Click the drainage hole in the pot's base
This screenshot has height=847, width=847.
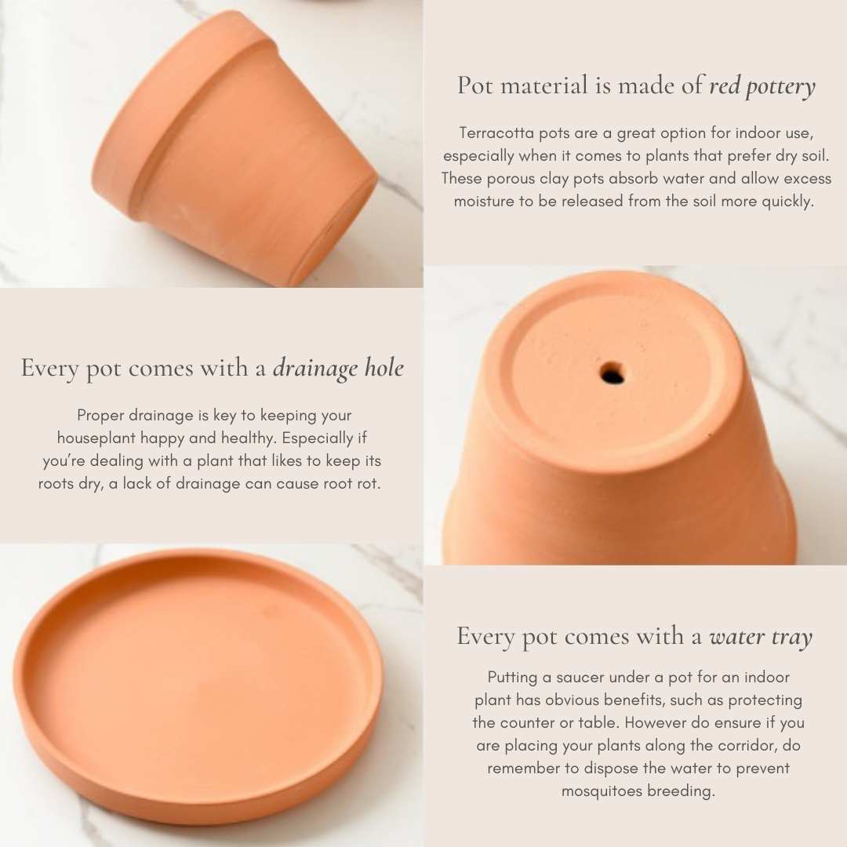[x=612, y=373]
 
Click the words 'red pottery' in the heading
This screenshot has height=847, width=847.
[x=762, y=86]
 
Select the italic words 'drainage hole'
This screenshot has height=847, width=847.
[x=338, y=369]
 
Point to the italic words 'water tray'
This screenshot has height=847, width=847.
[x=761, y=637]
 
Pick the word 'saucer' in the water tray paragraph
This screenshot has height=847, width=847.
[x=579, y=678]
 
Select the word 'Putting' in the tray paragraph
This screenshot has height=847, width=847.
[x=512, y=678]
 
